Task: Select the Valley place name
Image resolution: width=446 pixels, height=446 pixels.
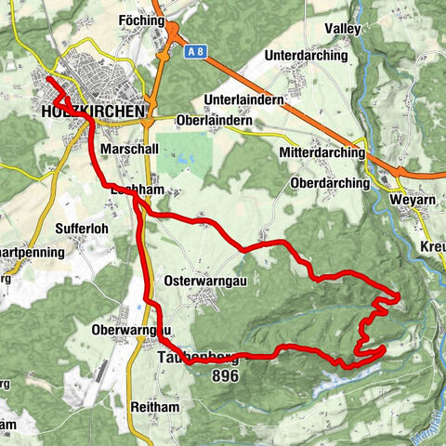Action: (x=342, y=29)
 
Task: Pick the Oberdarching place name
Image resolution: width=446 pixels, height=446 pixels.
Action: (x=330, y=184)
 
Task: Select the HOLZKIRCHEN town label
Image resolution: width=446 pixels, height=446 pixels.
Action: (x=94, y=111)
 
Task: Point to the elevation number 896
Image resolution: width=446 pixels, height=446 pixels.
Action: (x=225, y=376)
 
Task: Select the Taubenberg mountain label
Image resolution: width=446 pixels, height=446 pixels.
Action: (x=198, y=358)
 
